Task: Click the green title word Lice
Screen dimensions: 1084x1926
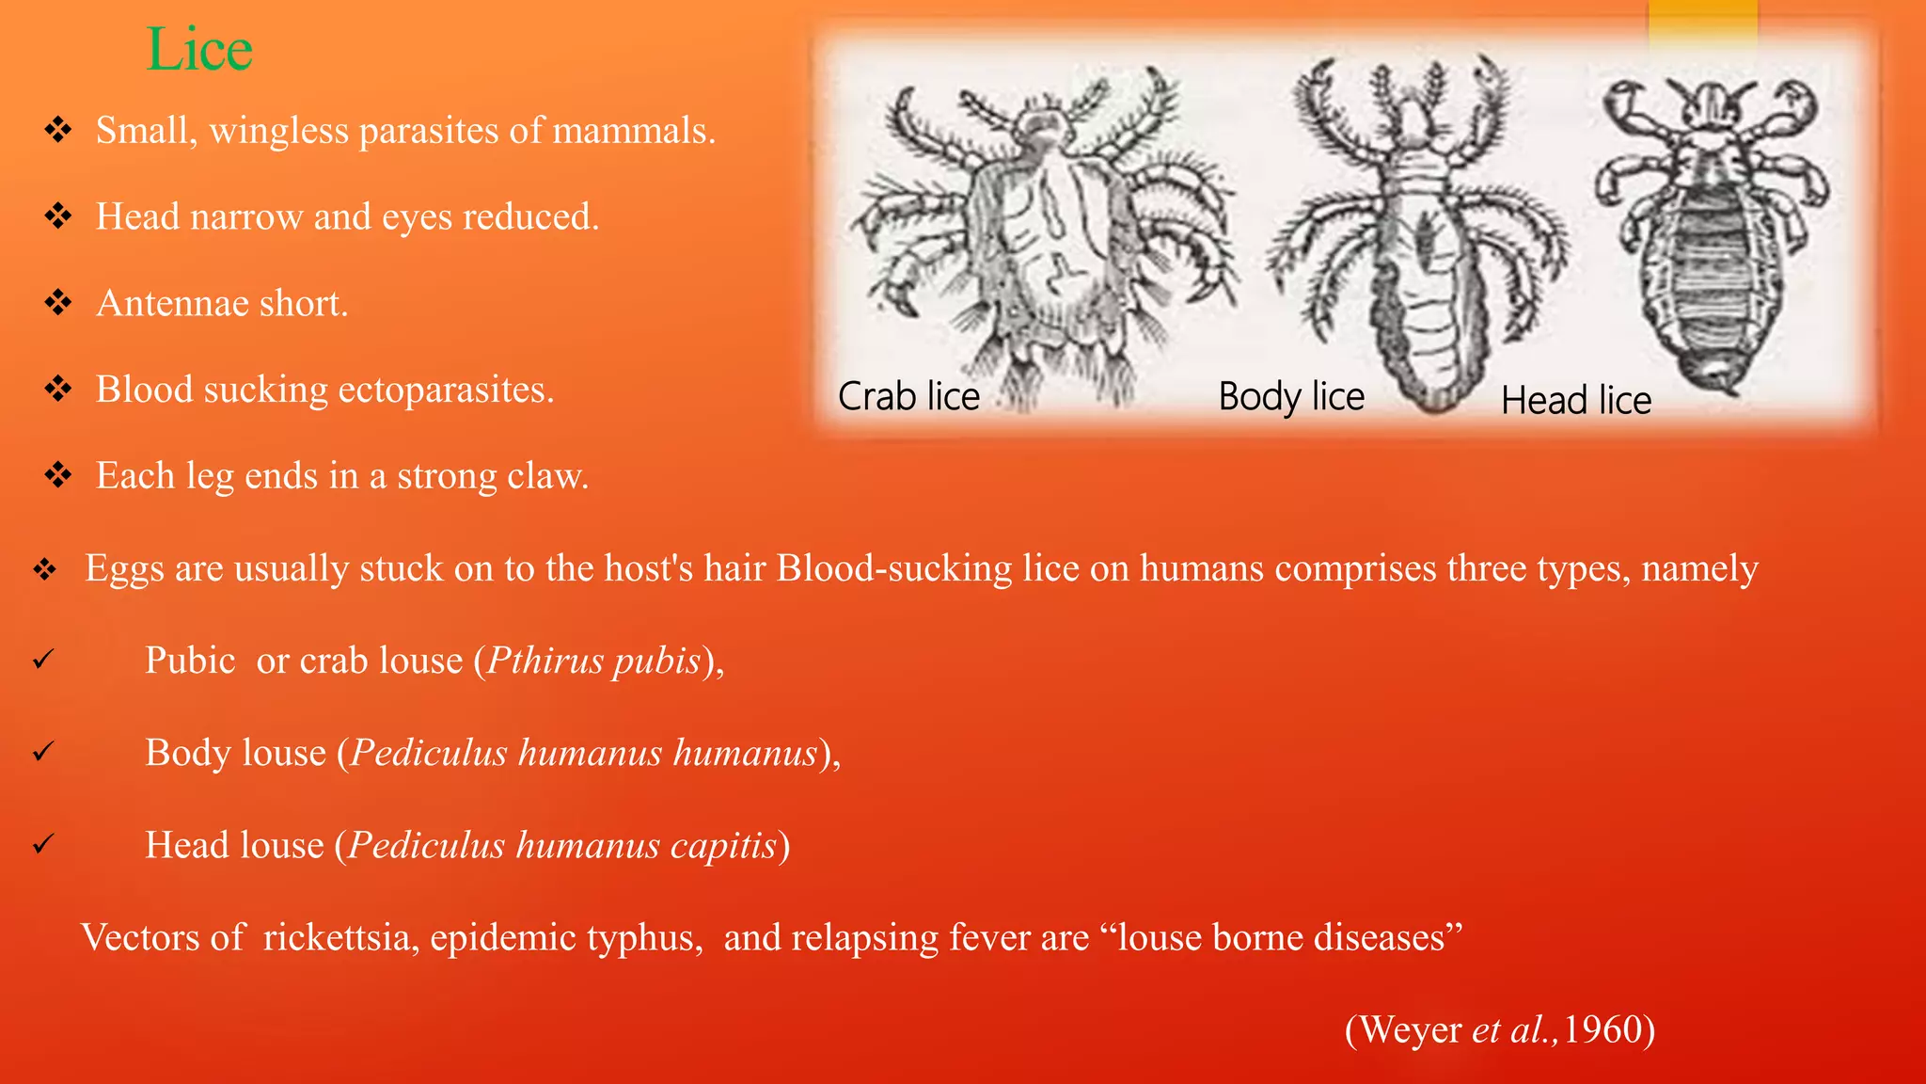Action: pyautogui.click(x=199, y=49)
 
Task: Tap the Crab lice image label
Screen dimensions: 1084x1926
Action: pyautogui.click(x=908, y=396)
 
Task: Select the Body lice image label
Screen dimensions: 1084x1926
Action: pyautogui.click(x=1291, y=396)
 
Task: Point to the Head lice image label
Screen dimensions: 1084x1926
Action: pyautogui.click(x=1576, y=400)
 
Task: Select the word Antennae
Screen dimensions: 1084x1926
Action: pyautogui.click(x=172, y=304)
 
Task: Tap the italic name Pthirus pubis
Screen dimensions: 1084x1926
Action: pyautogui.click(x=593, y=661)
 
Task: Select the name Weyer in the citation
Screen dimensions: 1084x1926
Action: pyautogui.click(x=1411, y=1029)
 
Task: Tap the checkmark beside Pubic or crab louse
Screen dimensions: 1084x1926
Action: pyautogui.click(x=43, y=661)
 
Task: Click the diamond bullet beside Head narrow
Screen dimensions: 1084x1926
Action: pyautogui.click(x=58, y=216)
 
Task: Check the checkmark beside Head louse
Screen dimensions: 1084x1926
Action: pyautogui.click(x=43, y=845)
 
